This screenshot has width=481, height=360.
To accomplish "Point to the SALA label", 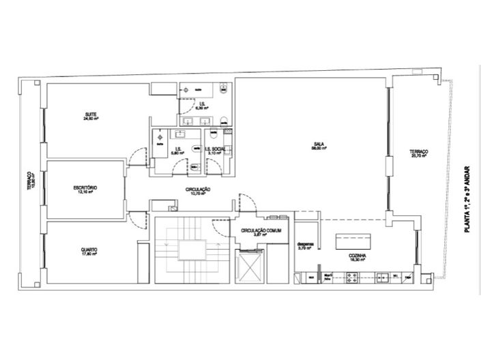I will [318, 143].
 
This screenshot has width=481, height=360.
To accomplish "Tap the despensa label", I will [305, 244].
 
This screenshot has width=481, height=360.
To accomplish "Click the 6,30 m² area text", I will [201, 108].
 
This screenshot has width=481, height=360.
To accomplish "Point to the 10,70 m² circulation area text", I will [198, 194].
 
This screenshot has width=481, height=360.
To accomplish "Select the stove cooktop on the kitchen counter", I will [355, 277].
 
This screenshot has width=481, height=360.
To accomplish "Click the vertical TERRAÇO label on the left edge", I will [30, 180].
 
